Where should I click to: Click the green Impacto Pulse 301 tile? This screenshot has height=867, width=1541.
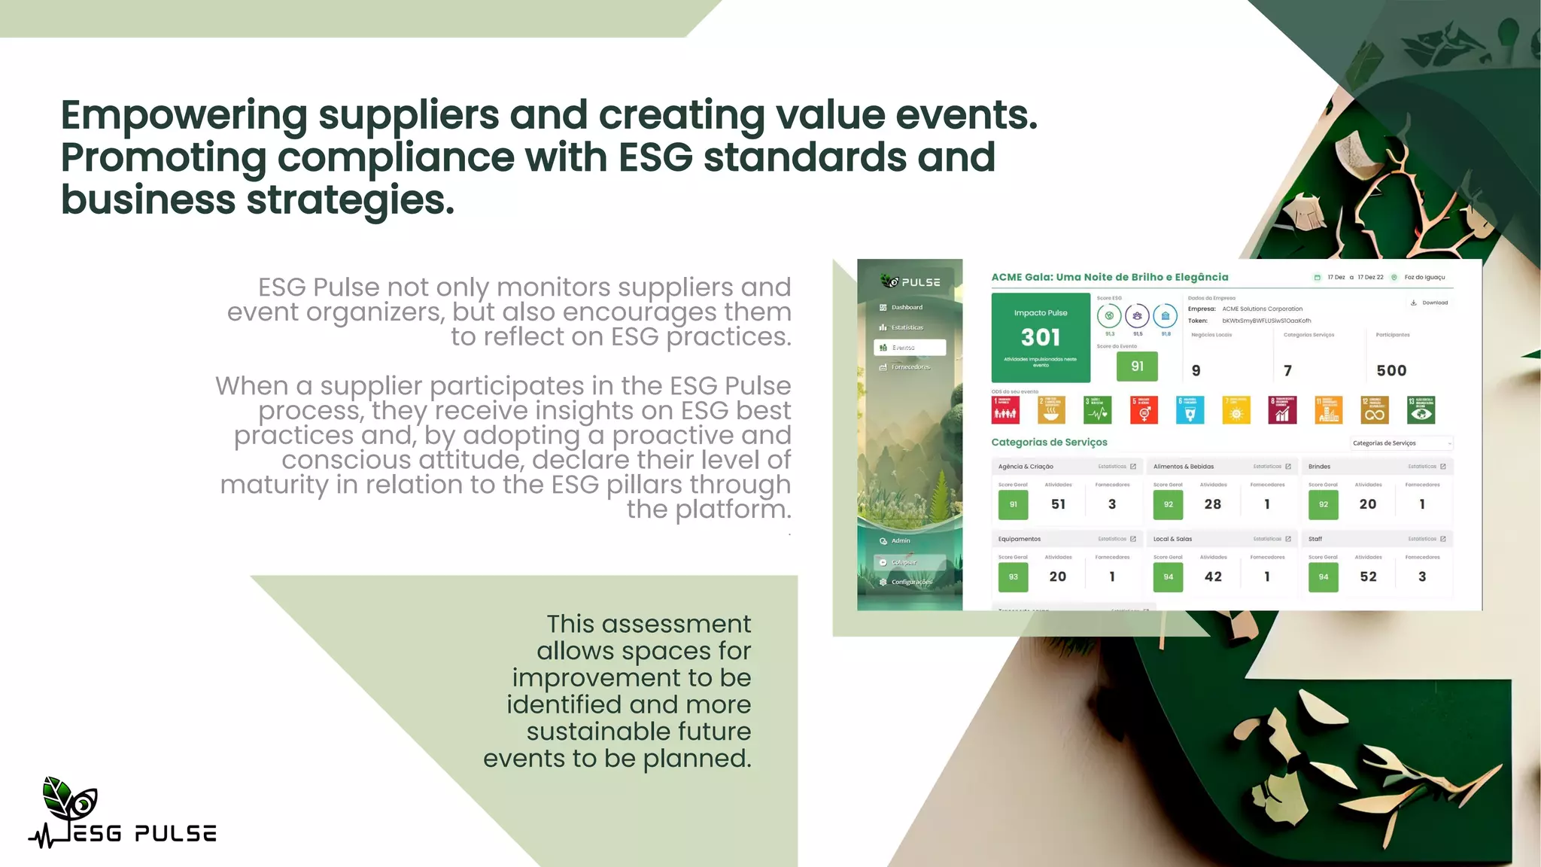point(1041,337)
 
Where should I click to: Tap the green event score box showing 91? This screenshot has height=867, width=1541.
point(1137,367)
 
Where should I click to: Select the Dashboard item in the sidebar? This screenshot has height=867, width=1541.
point(907,307)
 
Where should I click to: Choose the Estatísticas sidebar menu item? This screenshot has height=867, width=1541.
point(907,327)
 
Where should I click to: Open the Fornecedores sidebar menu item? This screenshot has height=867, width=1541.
point(910,367)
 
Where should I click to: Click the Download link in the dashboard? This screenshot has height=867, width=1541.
point(1430,303)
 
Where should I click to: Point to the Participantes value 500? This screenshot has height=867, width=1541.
point(1391,370)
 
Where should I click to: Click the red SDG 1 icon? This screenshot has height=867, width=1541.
point(1005,410)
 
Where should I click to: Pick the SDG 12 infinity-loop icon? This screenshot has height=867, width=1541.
point(1375,410)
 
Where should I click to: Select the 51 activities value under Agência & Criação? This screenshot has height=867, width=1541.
point(1058,504)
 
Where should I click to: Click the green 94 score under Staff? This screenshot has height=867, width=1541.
point(1323,577)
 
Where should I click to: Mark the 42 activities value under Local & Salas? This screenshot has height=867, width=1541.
point(1213,577)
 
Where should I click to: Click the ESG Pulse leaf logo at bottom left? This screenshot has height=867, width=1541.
point(71,802)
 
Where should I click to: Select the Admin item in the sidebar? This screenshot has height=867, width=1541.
point(900,541)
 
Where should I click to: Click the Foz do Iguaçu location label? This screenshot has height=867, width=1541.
point(1424,277)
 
